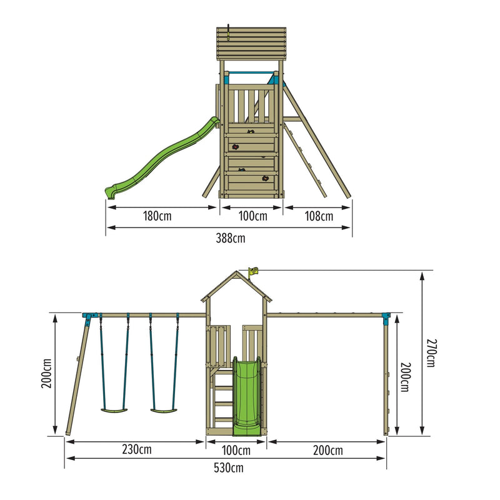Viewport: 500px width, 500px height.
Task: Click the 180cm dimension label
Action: coord(157,216)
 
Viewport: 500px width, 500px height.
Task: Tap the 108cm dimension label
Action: coord(319,216)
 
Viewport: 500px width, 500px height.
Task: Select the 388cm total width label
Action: coord(231,238)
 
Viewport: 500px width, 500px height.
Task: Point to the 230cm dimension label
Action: coord(137,449)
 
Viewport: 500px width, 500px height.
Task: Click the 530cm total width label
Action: coord(229,468)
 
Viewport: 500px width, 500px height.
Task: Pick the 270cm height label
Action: coord(431,353)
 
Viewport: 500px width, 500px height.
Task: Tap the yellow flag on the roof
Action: coord(253,272)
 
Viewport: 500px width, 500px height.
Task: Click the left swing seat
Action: coord(114,411)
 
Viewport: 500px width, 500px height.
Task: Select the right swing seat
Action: coord(164,411)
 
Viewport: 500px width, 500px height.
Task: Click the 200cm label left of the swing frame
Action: coord(46,374)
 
